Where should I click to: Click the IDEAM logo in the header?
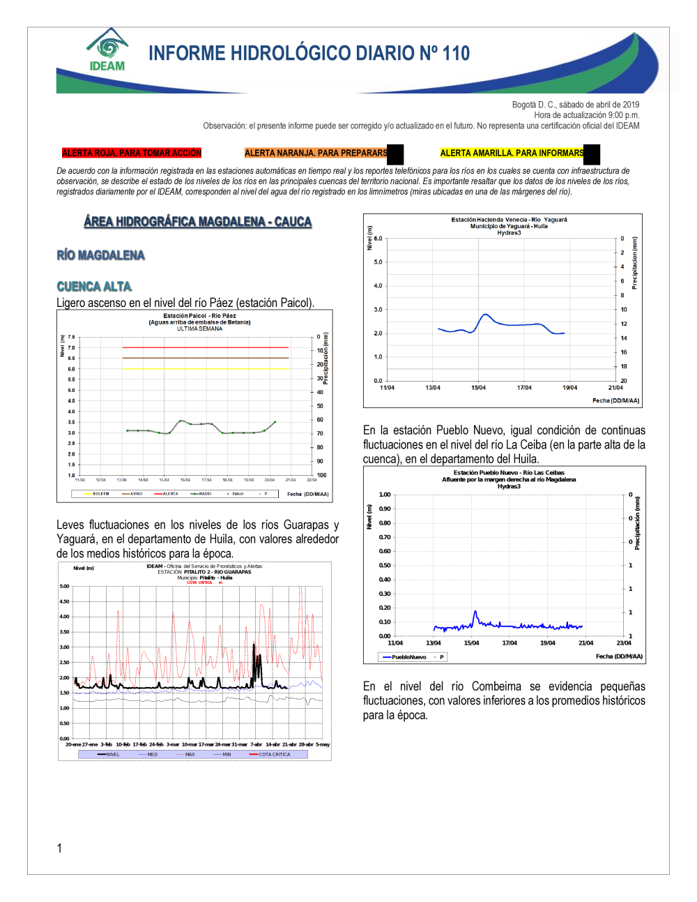pos(107,51)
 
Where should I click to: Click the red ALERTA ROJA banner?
pos(131,153)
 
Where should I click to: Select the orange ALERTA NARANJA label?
pos(316,153)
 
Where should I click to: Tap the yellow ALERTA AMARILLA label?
pos(512,153)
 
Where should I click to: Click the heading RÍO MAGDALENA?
pos(101,255)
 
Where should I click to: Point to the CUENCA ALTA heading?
pos(94,287)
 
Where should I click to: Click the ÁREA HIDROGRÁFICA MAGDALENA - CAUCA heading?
pos(197,222)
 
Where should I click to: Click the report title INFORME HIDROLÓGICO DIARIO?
pos(309,54)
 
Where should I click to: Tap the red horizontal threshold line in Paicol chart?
pos(205,347)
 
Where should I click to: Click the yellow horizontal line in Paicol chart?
pos(205,368)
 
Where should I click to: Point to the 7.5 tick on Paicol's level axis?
pos(71,337)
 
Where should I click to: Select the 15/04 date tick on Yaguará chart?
pos(478,388)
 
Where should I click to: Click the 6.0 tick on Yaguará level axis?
pos(378,239)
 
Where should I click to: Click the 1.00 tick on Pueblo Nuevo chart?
pos(385,495)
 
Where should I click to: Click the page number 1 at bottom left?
pos(59,848)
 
